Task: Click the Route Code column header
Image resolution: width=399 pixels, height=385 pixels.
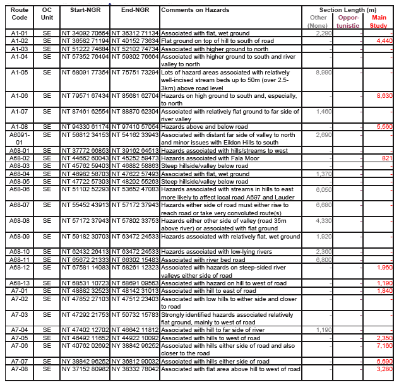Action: point(20,15)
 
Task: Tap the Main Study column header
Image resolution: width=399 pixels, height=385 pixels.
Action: point(379,22)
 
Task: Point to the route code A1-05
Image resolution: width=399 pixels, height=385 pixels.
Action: point(20,73)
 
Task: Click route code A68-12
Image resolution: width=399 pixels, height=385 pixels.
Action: point(20,266)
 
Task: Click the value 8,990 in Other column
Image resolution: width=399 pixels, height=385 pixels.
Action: point(323,73)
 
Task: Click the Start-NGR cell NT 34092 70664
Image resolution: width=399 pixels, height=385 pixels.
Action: point(85,33)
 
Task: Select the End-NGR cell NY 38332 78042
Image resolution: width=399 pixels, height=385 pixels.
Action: point(135,369)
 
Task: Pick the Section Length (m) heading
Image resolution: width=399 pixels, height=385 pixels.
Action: point(348,11)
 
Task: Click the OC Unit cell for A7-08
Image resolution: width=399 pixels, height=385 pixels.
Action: point(47,369)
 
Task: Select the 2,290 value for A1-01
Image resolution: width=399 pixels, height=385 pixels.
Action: point(323,33)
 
